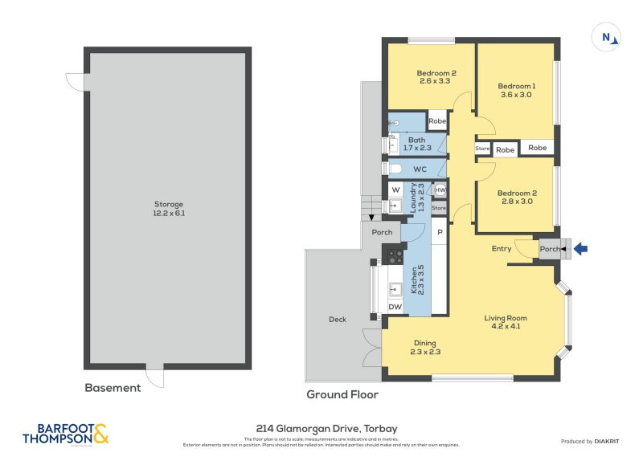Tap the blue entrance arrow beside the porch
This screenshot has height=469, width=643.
pos(580,250)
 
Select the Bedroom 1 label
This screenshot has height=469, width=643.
pos(515,90)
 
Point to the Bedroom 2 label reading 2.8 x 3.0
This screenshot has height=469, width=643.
pos(516,198)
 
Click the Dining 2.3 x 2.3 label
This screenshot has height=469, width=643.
pos(425,347)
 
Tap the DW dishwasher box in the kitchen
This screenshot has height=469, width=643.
pos(395,307)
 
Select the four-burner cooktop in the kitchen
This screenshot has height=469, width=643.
pos(395,257)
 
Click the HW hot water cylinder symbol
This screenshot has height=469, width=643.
pos(440,190)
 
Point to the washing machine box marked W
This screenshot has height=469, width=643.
pos(395,190)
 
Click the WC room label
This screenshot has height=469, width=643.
pos(420,169)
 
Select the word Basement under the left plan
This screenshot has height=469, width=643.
pos(113,388)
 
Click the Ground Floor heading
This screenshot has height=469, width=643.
pos(342,395)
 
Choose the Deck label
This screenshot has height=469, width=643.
pos(338,320)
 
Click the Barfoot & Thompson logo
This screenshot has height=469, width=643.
pos(66,434)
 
